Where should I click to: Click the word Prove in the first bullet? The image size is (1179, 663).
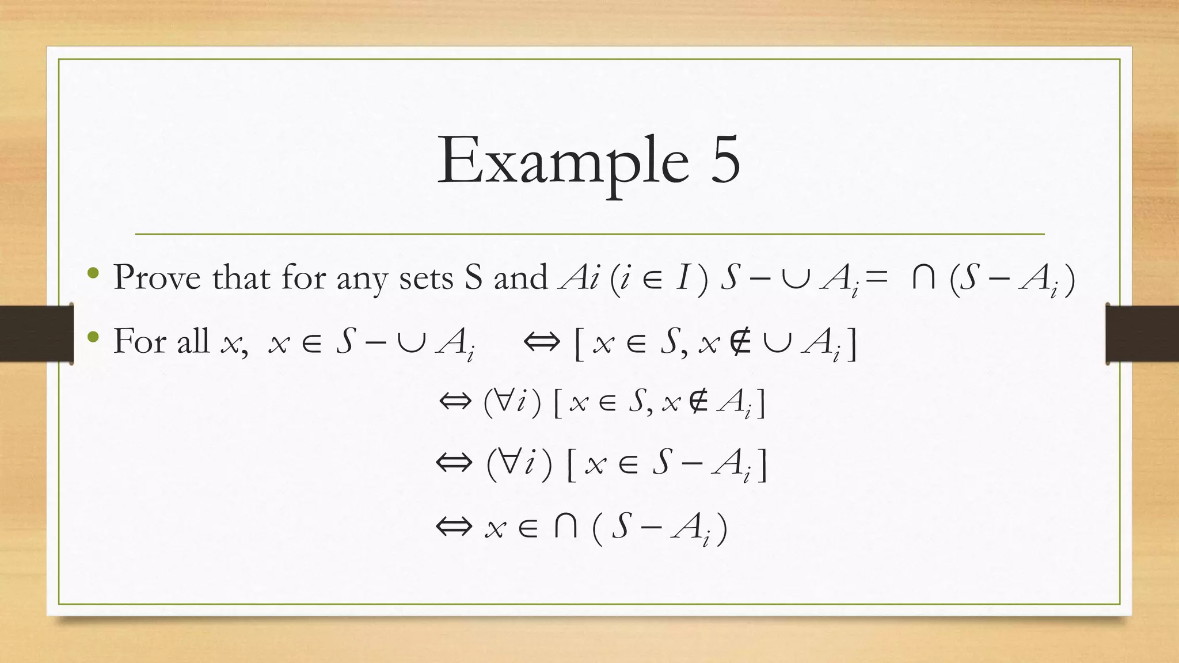point(157,277)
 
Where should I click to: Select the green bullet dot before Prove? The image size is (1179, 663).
point(93,273)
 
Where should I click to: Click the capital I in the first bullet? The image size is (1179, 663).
point(683,277)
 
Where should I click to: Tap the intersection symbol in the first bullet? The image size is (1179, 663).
point(923,278)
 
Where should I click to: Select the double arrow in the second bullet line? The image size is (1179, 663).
point(541,342)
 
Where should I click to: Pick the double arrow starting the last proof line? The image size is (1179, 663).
point(454,527)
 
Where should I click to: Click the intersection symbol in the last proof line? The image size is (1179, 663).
point(565,527)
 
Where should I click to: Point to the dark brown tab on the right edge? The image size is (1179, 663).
point(1142,333)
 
